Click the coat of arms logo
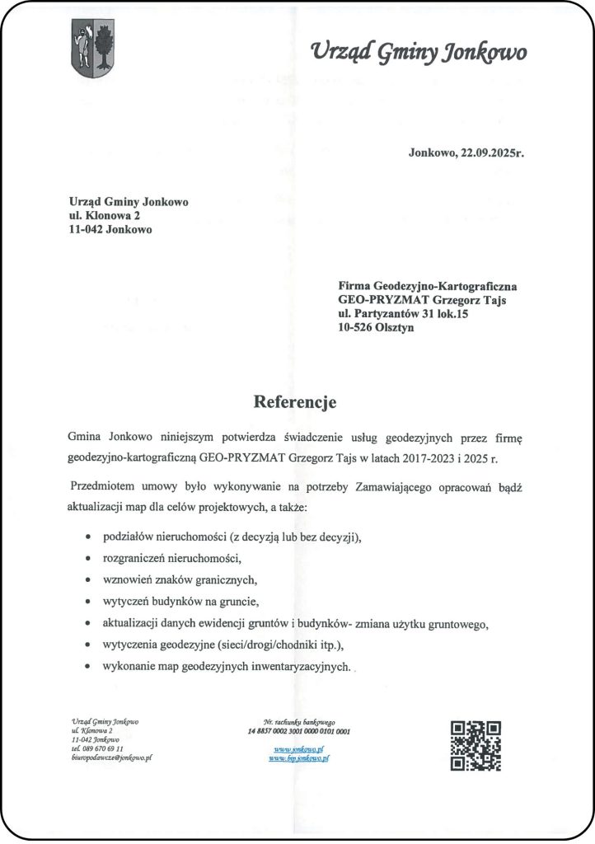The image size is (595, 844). (x=92, y=49)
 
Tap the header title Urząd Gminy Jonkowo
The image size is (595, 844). (x=419, y=53)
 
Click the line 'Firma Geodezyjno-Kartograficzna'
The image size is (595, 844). (x=427, y=286)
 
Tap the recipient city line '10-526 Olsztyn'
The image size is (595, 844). (x=375, y=328)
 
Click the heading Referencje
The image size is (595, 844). (x=295, y=402)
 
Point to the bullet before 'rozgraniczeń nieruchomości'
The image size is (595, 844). (x=88, y=558)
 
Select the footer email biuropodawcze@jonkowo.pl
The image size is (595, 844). (x=111, y=757)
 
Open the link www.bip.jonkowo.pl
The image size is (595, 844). (x=298, y=757)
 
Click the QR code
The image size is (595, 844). (x=476, y=745)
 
